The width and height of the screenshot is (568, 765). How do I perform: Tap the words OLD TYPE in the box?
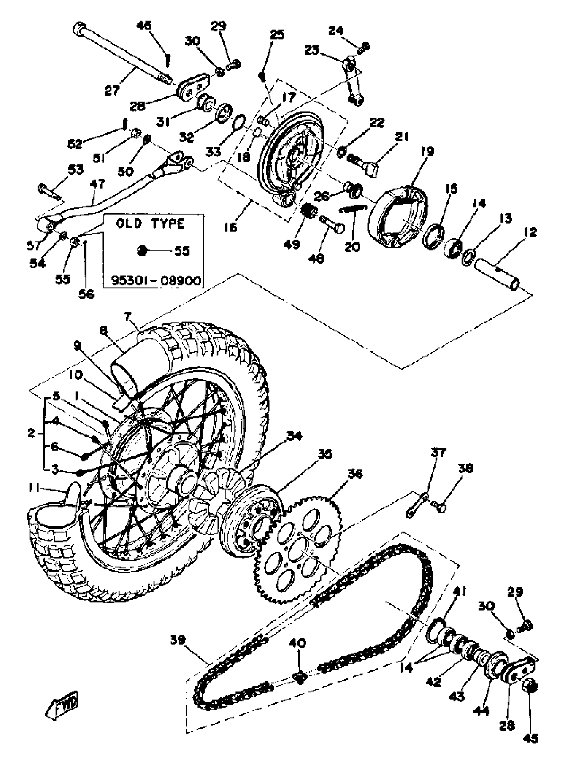(150, 224)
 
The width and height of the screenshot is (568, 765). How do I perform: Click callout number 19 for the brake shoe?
(428, 152)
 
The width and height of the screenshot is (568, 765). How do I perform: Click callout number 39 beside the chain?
(178, 640)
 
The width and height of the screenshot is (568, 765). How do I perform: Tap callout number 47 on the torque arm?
(98, 184)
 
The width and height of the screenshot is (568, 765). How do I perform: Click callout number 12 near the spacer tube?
(530, 233)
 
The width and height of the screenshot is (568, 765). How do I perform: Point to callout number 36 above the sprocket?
(355, 474)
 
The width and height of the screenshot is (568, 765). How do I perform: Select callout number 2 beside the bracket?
(32, 433)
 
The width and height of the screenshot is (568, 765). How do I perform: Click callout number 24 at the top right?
(336, 31)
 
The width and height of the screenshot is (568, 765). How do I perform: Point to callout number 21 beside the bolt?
(402, 137)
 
